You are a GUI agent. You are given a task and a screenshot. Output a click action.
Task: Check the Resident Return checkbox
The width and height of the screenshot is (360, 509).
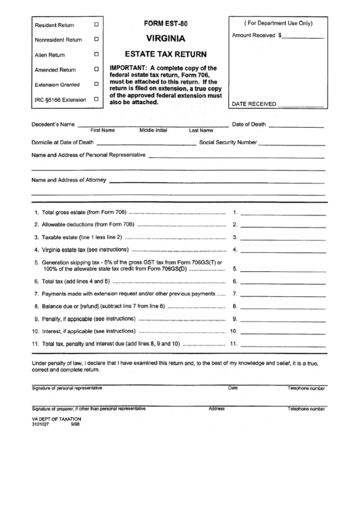[96, 24]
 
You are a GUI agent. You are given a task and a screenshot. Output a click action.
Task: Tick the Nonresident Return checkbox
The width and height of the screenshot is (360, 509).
[96, 39]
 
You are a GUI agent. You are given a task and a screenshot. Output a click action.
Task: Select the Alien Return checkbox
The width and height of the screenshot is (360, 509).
[96, 54]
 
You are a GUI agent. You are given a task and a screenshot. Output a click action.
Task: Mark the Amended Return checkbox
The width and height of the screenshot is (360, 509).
[96, 69]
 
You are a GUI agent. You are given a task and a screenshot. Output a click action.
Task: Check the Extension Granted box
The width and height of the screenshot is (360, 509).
[96, 84]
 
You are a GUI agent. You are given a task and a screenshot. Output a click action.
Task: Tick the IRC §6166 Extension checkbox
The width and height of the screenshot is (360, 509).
[96, 99]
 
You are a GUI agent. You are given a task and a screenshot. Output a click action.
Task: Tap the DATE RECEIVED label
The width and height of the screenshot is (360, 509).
[255, 104]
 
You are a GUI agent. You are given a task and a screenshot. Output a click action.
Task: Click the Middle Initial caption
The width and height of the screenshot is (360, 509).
[154, 130]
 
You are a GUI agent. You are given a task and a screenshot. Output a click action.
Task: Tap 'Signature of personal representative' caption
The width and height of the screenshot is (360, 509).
[67, 389]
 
